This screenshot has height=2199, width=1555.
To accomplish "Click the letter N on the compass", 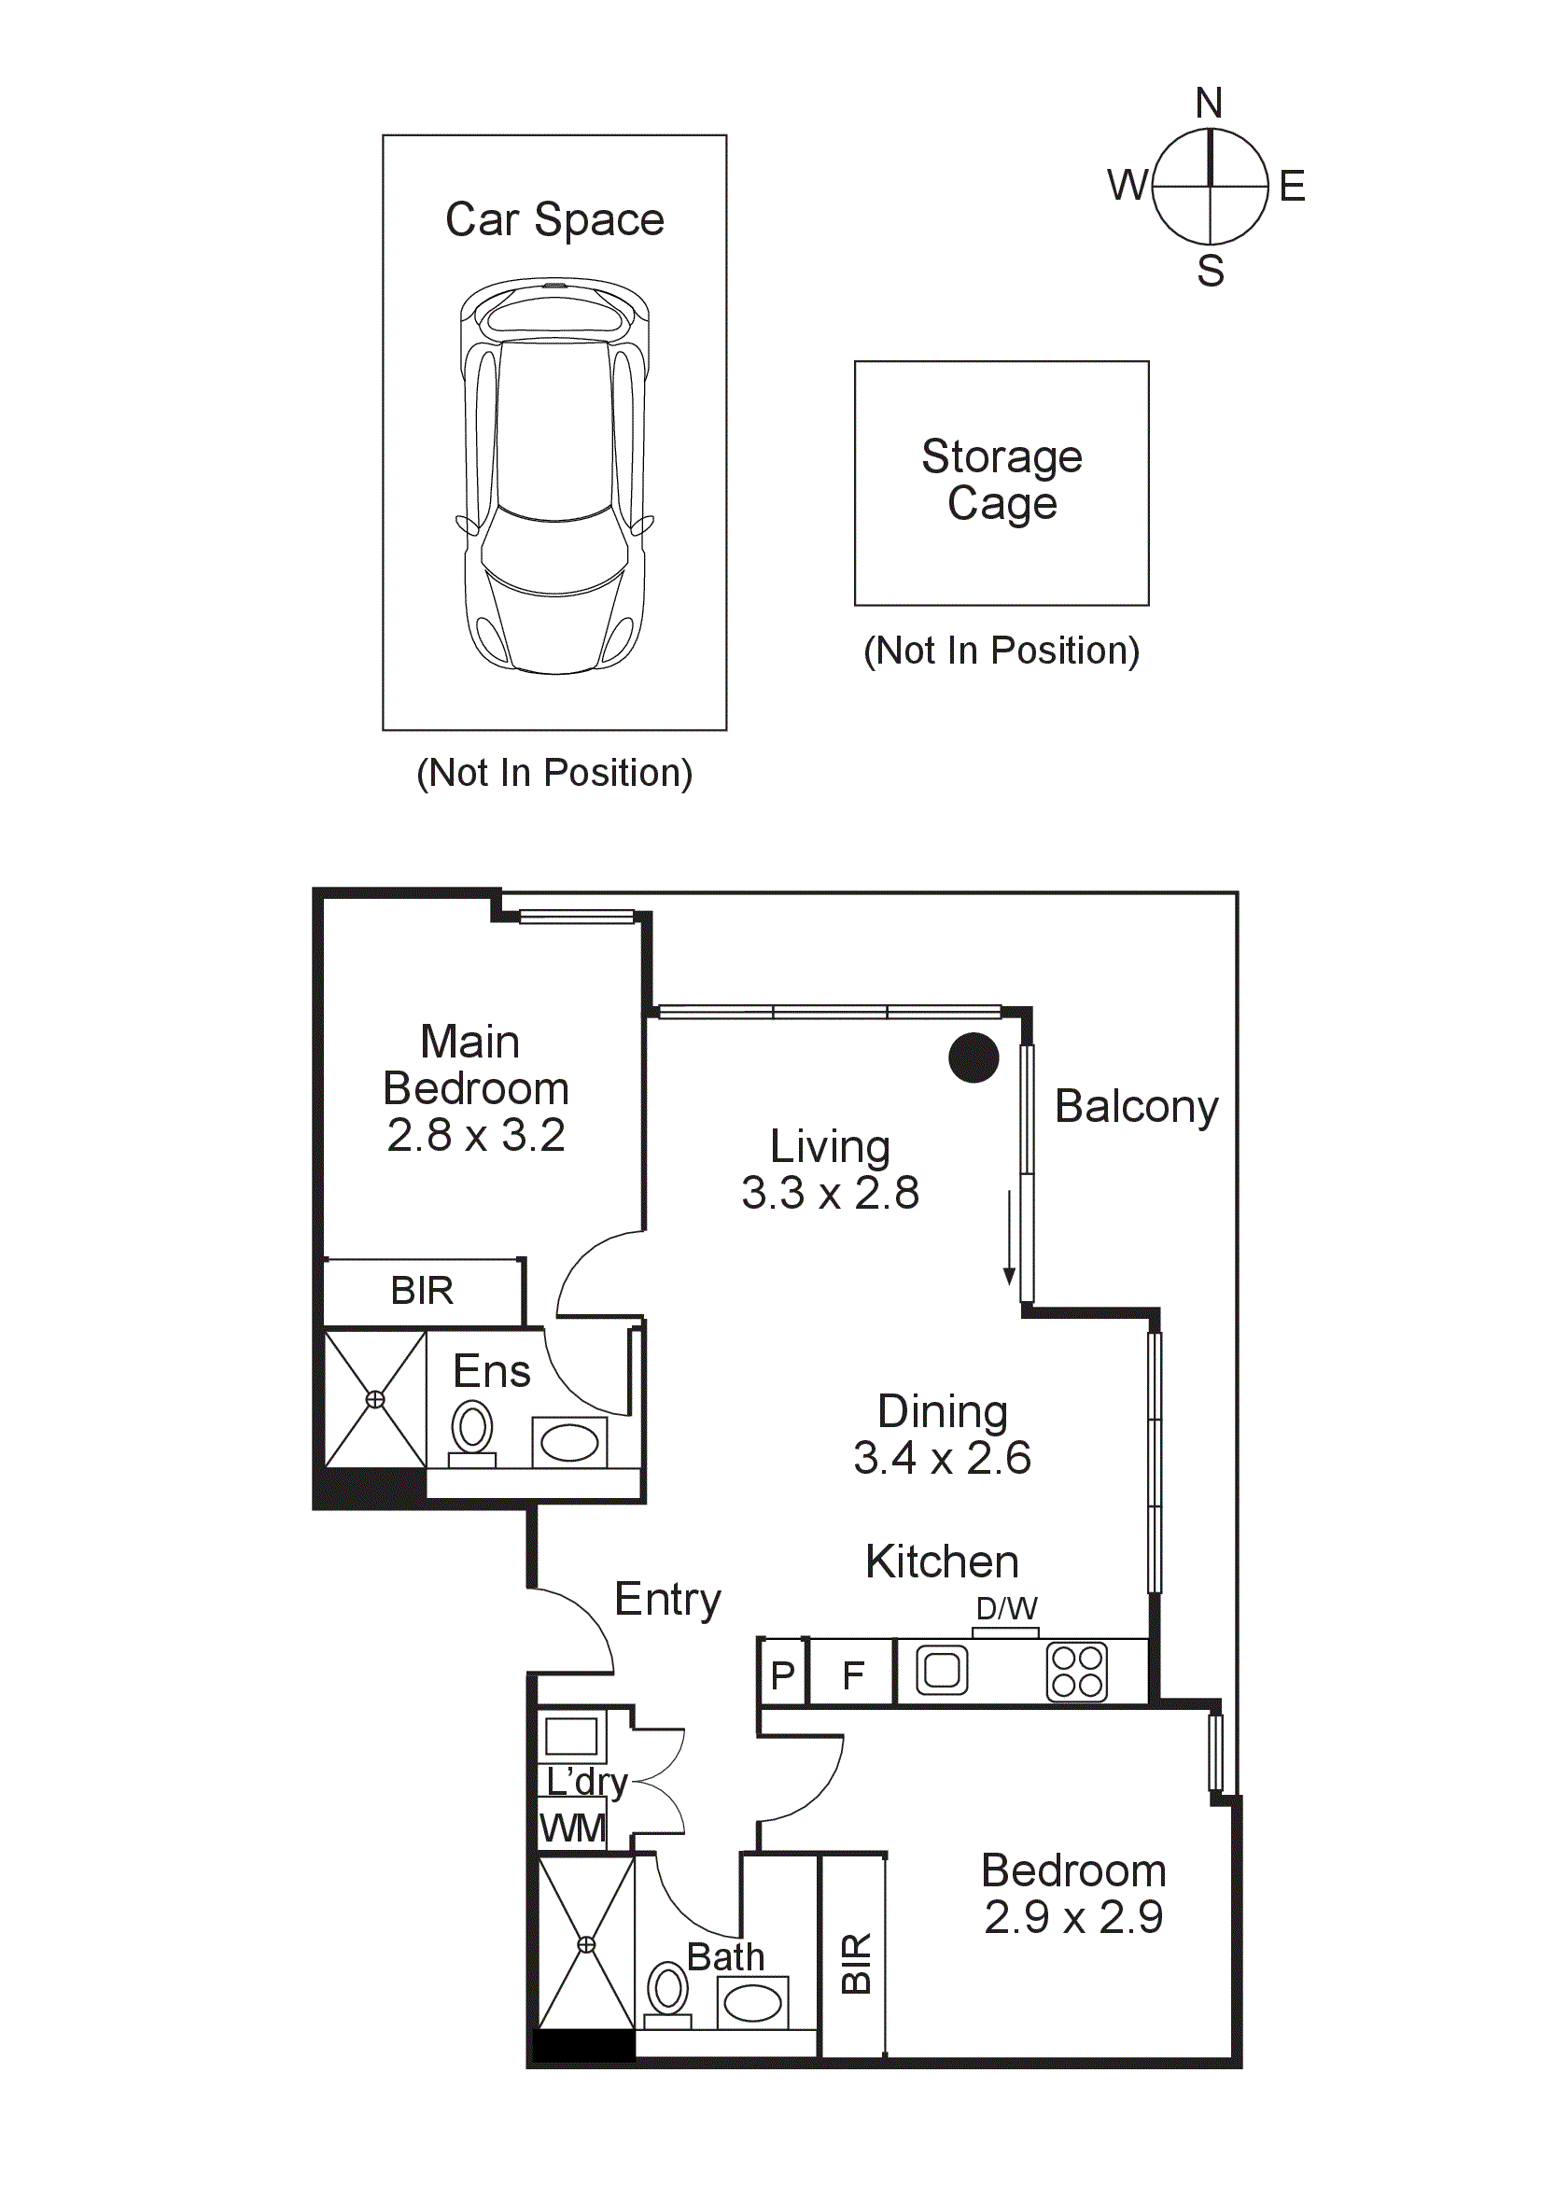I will click(1209, 104).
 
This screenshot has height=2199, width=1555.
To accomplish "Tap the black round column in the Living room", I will click(973, 1057).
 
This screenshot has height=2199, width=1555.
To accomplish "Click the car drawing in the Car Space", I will click(554, 476).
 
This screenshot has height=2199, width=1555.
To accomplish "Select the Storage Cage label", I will click(1002, 480).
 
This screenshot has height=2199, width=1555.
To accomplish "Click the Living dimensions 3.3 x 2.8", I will click(829, 1194).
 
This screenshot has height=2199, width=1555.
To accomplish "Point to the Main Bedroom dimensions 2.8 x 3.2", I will click(476, 1136).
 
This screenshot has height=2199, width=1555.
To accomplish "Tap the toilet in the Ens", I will click(471, 1430).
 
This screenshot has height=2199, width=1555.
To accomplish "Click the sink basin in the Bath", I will click(752, 2003).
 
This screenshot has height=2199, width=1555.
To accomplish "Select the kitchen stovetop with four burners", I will click(1076, 1674).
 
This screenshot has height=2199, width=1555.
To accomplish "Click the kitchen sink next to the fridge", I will click(941, 1672).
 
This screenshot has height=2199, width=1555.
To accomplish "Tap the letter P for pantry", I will click(782, 1676).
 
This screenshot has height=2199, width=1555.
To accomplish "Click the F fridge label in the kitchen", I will click(853, 1676).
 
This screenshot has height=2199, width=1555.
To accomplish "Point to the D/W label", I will click(1006, 1608).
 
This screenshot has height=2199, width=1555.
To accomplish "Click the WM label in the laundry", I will click(571, 1828).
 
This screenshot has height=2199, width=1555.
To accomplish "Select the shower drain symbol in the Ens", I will click(375, 1399).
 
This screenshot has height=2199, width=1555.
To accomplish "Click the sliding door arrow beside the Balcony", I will click(1008, 1238).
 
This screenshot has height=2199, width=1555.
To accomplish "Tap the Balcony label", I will click(1136, 1107).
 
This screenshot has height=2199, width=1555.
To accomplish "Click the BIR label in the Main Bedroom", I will click(421, 1291).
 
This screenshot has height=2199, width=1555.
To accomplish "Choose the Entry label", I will click(667, 1600).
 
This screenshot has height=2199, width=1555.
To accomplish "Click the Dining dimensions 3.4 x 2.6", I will click(941, 1459).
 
